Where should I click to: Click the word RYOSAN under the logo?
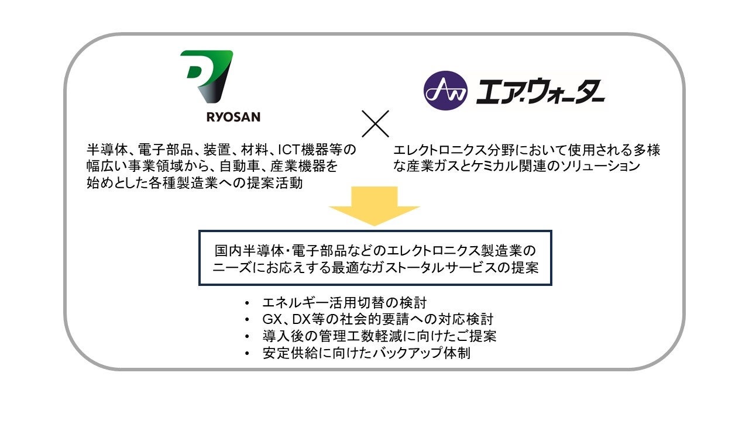point(233,117)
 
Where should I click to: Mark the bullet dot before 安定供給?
point(248,354)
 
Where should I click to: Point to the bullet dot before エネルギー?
point(248,303)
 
